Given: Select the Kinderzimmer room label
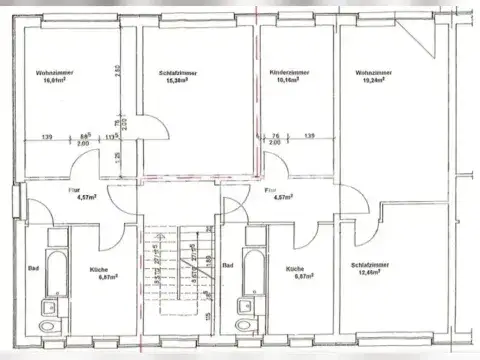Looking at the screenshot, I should [289, 80].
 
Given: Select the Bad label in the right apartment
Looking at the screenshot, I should [229, 266].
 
